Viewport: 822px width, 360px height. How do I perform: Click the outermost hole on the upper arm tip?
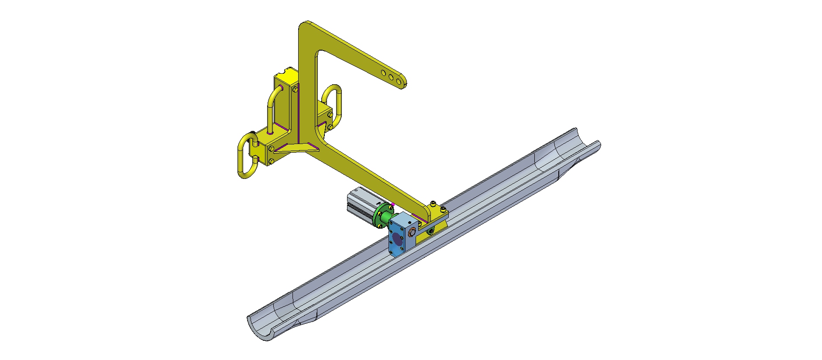click(x=399, y=82)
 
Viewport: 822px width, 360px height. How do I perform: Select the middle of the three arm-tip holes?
click(x=391, y=77)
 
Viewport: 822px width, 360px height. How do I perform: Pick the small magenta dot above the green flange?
click(x=393, y=203)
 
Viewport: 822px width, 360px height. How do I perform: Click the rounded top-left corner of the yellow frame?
click(x=306, y=26)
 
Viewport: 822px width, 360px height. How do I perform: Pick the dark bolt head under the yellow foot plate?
click(x=431, y=230)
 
